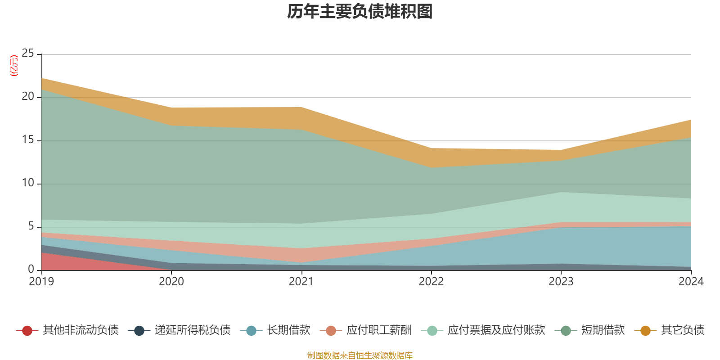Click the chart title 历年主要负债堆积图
coord(360,12)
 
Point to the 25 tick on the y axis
coord(28,54)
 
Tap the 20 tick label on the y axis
coord(28,97)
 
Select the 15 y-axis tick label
coord(28,140)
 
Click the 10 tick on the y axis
coord(28,183)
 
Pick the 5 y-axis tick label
coord(31,226)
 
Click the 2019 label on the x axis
coord(41,282)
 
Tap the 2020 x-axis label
coord(171,282)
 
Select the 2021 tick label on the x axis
coord(301,282)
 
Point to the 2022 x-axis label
coord(431,282)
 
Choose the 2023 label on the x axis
coord(561,282)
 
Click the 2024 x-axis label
coord(691,282)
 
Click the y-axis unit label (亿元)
coord(14,66)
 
